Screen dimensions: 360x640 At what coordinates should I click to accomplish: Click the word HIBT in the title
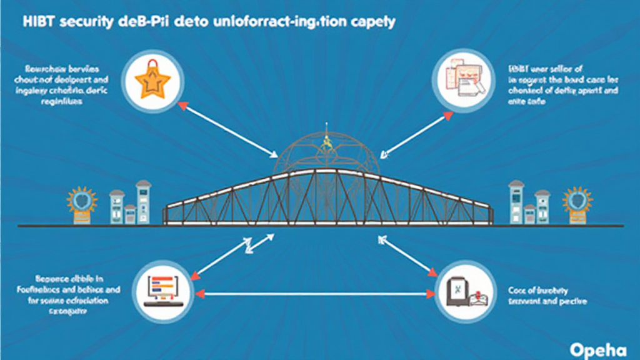37,22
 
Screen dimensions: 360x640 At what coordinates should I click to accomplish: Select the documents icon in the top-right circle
462,79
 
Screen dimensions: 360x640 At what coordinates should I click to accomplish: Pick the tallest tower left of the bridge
143,202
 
